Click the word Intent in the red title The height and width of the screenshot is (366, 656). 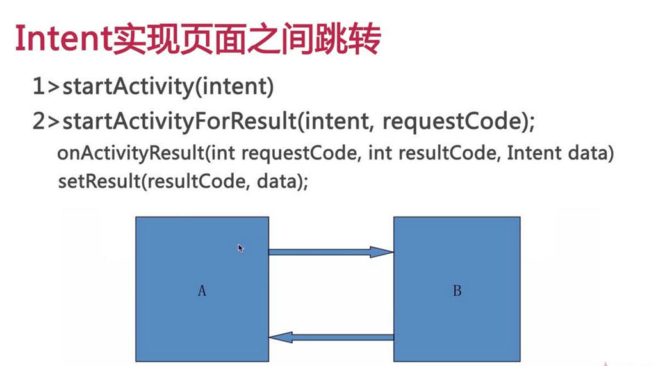(63, 39)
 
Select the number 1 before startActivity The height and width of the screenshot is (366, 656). (39, 87)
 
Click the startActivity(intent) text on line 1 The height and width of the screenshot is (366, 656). (168, 87)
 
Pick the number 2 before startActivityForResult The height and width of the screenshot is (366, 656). (39, 121)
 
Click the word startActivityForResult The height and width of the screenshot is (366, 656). (179, 121)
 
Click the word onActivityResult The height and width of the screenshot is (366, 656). (131, 153)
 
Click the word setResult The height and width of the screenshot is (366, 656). (99, 181)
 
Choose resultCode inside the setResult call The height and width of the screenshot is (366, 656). (196, 181)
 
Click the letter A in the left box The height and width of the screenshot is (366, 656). (202, 290)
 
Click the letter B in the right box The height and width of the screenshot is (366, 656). (457, 290)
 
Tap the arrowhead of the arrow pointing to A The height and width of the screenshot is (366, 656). (281, 337)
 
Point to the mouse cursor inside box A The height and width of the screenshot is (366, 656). (241, 248)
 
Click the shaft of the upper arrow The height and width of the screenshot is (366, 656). (320, 252)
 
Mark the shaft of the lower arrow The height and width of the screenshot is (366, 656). (343, 337)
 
